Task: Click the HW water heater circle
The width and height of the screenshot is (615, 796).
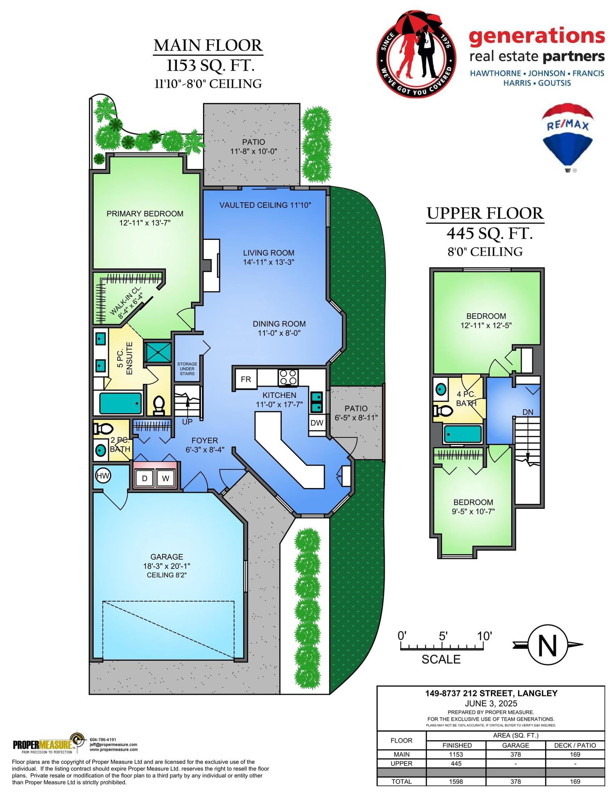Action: coord(103,476)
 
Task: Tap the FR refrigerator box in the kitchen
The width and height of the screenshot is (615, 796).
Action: coord(246,379)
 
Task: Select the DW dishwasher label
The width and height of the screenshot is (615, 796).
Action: coord(317,423)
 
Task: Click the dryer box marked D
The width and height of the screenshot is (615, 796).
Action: coord(145,478)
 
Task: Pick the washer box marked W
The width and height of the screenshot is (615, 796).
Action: coord(165,478)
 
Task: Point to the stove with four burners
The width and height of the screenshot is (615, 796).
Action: coord(288,377)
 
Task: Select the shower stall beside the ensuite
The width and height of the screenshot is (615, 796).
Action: coord(158,352)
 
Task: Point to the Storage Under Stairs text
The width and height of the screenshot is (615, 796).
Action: coord(187,369)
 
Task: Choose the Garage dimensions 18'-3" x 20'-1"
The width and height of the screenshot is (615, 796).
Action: coord(166,566)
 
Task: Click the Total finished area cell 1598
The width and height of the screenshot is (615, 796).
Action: coord(456,781)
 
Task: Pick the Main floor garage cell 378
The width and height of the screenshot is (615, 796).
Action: coord(515,754)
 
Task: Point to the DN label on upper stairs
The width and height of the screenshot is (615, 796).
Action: coord(528,412)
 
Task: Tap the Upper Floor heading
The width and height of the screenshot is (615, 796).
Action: coord(485,213)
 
